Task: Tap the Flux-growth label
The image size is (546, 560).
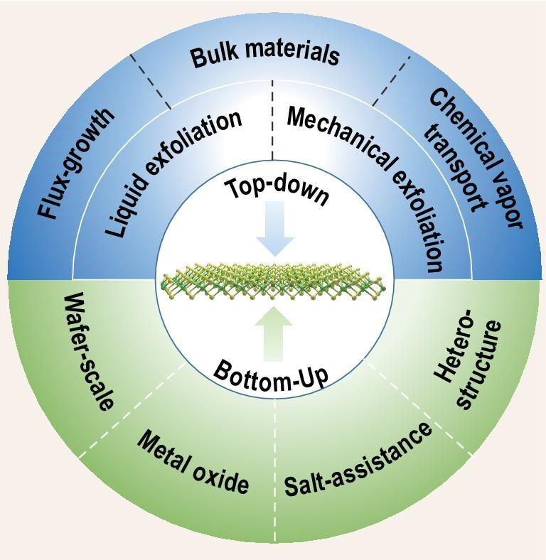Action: point(77,163)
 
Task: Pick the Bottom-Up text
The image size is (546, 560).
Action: point(272,373)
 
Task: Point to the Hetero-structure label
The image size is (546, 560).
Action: point(469,363)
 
